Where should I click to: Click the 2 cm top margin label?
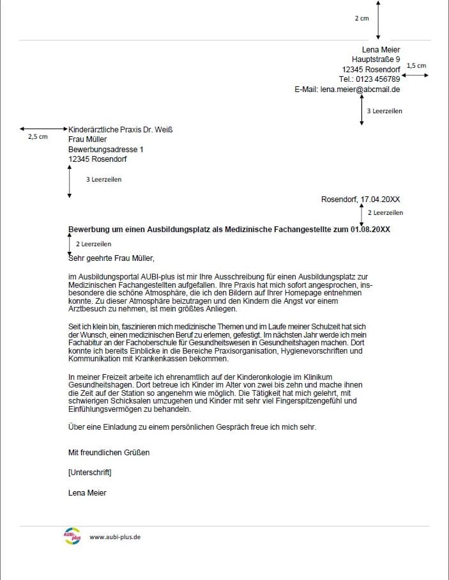tap(361, 19)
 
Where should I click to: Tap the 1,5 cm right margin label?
tap(416, 65)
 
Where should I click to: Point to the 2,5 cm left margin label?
tap(38, 136)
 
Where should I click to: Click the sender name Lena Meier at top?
tap(381, 50)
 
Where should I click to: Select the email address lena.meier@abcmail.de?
tap(360, 90)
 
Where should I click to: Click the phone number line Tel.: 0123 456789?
tap(369, 79)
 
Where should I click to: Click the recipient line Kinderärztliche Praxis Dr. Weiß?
tap(120, 130)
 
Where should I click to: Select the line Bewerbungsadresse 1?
tap(106, 149)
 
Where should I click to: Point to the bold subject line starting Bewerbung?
tap(229, 229)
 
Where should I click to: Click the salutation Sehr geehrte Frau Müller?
tap(111, 258)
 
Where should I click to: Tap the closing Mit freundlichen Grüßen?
tap(109, 452)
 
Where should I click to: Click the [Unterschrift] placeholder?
tap(89, 473)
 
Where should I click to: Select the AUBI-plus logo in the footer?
tap(72, 537)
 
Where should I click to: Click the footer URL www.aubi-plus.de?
tap(115, 537)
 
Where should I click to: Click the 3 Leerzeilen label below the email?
tap(384, 111)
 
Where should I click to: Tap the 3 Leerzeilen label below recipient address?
tap(103, 180)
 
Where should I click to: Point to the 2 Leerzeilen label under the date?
tap(385, 212)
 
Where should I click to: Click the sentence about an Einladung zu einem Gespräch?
tap(192, 427)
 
